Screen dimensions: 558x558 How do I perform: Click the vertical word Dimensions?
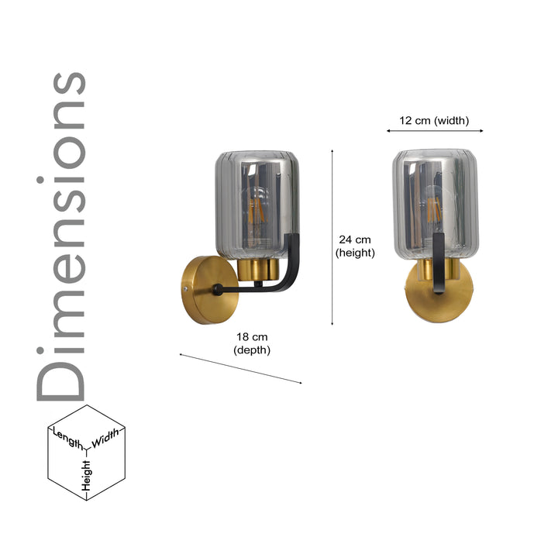tap(62, 236)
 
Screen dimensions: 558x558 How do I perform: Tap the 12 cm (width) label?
tap(434, 120)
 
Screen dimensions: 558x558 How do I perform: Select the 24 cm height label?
tap(355, 246)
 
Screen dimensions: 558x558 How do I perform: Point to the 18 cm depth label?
tap(252, 343)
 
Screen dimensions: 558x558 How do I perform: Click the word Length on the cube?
tap(68, 438)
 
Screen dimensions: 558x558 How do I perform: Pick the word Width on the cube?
tap(106, 439)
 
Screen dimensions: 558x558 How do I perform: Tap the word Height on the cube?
tap(86, 474)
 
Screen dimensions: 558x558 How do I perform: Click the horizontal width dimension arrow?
tap(435, 131)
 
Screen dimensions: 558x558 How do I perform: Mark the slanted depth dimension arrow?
tap(240, 368)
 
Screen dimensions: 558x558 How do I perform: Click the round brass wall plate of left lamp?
tap(201, 291)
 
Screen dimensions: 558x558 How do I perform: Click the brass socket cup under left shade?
tap(258, 270)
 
